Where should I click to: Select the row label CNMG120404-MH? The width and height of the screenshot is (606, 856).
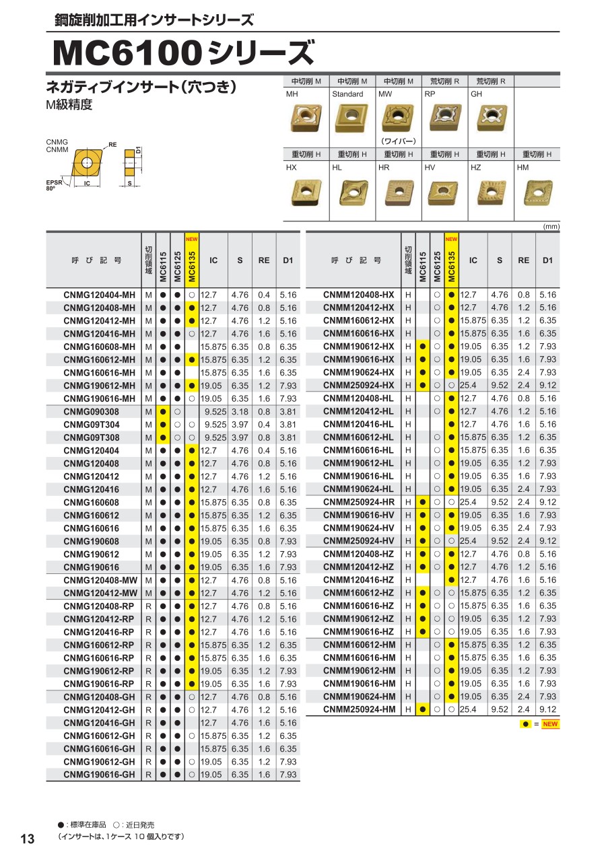pos(99,295)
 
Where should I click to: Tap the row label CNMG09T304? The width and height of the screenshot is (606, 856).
pos(92,425)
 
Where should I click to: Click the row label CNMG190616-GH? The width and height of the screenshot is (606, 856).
pos(99,775)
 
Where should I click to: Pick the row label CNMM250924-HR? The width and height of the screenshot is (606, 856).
pos(359,502)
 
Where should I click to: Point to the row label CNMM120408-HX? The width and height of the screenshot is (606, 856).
pos(359,295)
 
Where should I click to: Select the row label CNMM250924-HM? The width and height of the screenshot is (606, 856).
pos(359,709)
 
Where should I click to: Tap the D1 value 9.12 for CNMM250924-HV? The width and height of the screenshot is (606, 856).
pos(548,541)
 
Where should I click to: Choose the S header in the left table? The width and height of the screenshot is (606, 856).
pos(240,260)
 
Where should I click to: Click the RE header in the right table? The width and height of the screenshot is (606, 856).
pos(523,260)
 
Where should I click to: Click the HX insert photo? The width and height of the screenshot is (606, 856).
pos(305,192)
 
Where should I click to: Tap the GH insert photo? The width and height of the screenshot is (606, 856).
pos(490,118)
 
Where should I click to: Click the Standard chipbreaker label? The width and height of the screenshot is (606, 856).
pos(347,94)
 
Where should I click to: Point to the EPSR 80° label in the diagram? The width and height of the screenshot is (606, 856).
pos(54,185)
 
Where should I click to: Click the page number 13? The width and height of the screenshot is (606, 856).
pos(28,839)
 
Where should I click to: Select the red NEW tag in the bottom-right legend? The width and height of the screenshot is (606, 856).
pos(551,724)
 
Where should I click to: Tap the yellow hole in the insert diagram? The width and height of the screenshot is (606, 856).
pos(86,162)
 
